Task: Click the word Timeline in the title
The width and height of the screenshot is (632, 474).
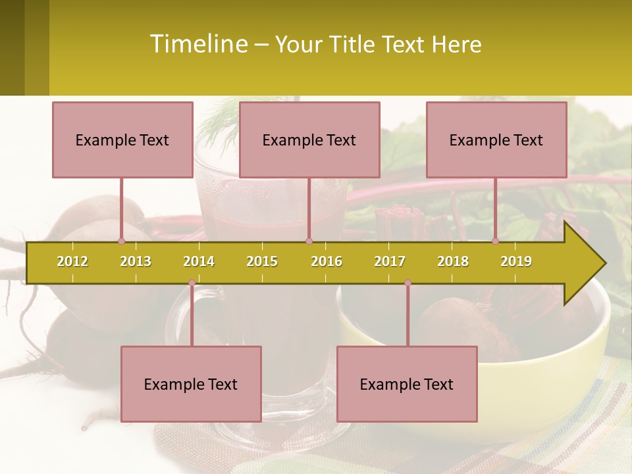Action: pyautogui.click(x=198, y=44)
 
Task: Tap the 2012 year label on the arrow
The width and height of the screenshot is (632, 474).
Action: pyautogui.click(x=72, y=261)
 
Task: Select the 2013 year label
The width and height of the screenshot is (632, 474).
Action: pyautogui.click(x=136, y=261)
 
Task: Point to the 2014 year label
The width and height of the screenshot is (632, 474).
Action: pyautogui.click(x=199, y=261)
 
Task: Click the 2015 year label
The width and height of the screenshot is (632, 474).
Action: pyautogui.click(x=262, y=261)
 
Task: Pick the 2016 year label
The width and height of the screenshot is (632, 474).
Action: pyautogui.click(x=327, y=261)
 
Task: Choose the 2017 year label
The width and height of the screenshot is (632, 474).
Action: pyautogui.click(x=390, y=261)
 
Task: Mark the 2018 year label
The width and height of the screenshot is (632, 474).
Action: pyautogui.click(x=453, y=261)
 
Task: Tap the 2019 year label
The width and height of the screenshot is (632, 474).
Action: pyautogui.click(x=516, y=261)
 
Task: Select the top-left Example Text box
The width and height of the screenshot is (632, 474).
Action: pyautogui.click(x=122, y=140)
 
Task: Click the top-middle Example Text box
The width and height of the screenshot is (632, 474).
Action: pyautogui.click(x=309, y=140)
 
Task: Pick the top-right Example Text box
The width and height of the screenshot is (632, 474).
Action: pyautogui.click(x=496, y=140)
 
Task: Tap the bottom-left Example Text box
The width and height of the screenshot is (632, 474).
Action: pyautogui.click(x=191, y=384)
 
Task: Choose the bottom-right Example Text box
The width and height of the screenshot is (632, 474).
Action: pyautogui.click(x=407, y=384)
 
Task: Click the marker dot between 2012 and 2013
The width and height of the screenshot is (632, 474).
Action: pyautogui.click(x=121, y=241)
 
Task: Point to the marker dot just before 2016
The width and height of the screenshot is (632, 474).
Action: pyautogui.click(x=309, y=241)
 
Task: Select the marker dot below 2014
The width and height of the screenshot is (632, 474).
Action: pyautogui.click(x=192, y=283)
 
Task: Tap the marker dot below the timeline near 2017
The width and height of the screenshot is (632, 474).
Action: pyautogui.click(x=408, y=283)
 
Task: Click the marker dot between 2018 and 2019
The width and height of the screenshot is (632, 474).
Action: pyautogui.click(x=496, y=241)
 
